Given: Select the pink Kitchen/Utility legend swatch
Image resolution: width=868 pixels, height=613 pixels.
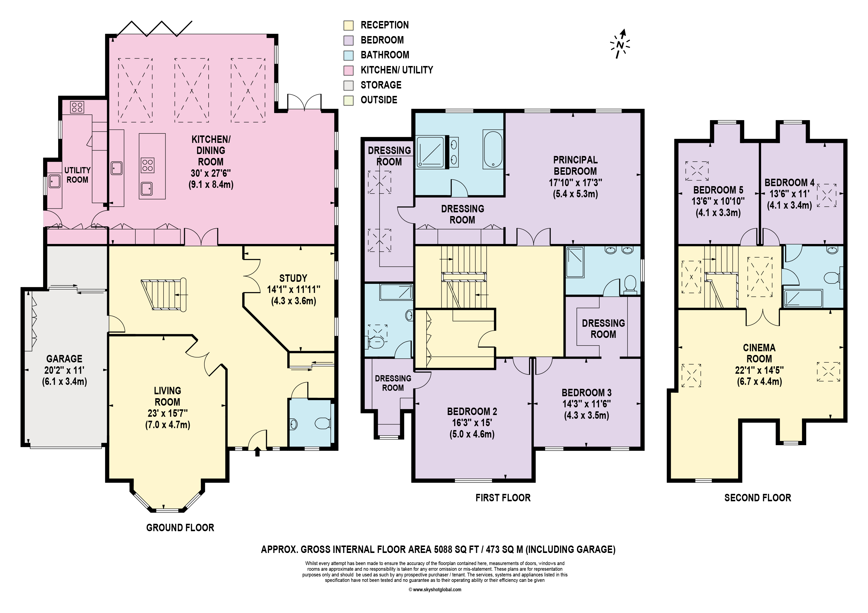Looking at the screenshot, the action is click(348, 70).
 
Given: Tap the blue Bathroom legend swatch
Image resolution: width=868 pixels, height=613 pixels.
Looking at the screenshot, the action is click(348, 55).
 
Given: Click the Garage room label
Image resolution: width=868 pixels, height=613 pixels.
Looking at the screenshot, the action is click(64, 359).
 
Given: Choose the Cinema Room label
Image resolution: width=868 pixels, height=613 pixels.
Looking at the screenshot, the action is click(759, 353).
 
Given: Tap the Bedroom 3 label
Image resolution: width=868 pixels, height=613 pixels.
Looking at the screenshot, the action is click(586, 393).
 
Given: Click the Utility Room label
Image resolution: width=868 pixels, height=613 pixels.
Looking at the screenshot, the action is click(77, 175).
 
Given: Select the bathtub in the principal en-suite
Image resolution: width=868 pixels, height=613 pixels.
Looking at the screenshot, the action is click(493, 149).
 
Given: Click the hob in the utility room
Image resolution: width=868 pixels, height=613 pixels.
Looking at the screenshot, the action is click(77, 107).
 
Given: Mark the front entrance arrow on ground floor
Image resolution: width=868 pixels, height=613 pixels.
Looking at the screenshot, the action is click(257, 452).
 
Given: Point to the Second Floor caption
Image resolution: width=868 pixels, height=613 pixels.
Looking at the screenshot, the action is click(758, 498).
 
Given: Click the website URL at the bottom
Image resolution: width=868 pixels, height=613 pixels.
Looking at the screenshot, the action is click(435, 590).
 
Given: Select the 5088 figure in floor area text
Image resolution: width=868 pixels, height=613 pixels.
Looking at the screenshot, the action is click(446, 549).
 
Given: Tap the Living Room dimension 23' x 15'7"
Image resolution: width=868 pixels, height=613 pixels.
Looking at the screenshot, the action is click(168, 413).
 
